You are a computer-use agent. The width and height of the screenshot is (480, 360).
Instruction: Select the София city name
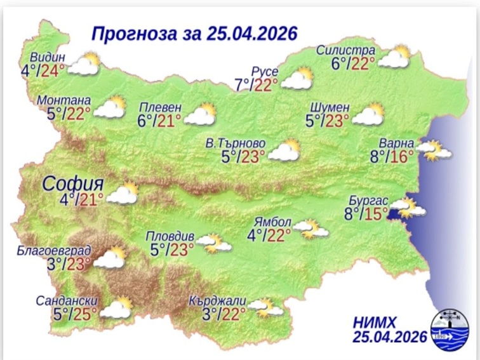[69, 185]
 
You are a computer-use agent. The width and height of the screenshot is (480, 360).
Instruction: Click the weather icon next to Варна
[437, 151]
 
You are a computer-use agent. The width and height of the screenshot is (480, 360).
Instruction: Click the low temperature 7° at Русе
[241, 84]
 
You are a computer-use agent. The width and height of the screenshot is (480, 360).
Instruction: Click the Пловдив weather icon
[214, 243]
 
